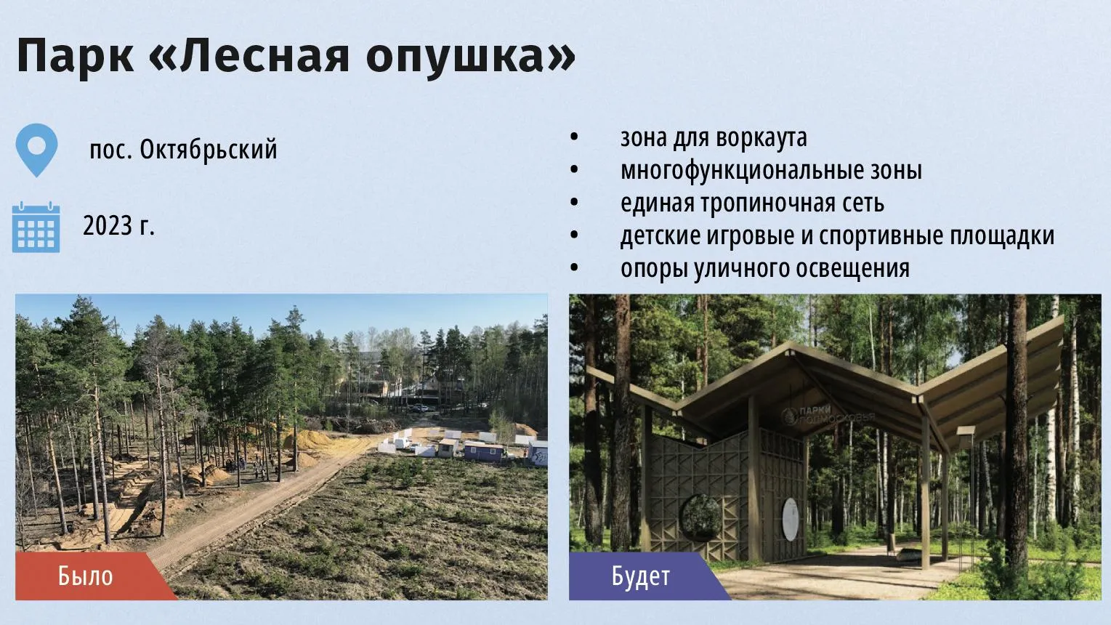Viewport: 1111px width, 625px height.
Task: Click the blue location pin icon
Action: [x=36, y=150]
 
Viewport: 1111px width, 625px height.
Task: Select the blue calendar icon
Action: [x=36, y=227]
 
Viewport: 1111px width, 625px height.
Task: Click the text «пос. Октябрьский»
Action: [x=183, y=149]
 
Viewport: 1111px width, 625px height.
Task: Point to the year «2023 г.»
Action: [x=118, y=226]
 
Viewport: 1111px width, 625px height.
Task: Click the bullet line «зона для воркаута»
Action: [x=714, y=138]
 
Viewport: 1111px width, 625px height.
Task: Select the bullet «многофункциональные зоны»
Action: [x=771, y=171]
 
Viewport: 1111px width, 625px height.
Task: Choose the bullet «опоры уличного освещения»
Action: [x=765, y=269]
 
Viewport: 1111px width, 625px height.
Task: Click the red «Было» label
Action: [x=85, y=576]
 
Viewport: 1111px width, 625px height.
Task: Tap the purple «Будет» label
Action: [x=640, y=576]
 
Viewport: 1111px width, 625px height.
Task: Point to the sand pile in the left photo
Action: [x=307, y=440]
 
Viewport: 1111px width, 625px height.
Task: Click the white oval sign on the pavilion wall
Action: [x=791, y=519]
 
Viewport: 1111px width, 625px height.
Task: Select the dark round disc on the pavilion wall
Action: [x=701, y=518]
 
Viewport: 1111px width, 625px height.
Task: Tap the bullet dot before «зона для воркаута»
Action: [x=574, y=137]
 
